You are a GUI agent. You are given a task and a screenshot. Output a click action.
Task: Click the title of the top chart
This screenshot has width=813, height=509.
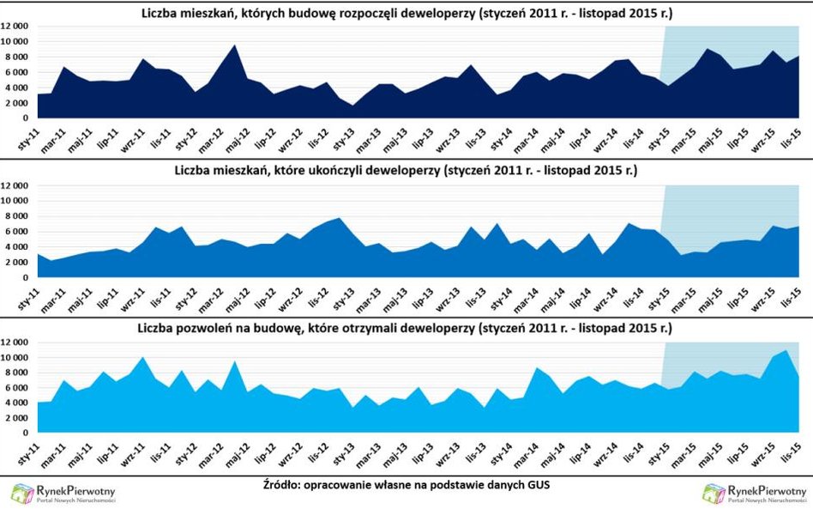406,13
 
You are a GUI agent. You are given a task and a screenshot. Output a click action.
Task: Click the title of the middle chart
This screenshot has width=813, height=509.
406,172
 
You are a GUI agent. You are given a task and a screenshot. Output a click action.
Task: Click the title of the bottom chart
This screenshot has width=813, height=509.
406,330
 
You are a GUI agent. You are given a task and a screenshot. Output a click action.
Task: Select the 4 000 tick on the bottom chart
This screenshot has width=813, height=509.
20,403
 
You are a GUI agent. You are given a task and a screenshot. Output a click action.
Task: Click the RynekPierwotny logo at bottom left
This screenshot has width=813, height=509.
63,493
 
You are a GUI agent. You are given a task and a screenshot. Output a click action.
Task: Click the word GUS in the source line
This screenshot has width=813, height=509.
536,485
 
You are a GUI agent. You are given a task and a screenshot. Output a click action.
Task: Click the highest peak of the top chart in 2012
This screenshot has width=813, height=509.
235,45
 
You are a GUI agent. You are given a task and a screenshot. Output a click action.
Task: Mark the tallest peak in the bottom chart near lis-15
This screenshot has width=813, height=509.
787,350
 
